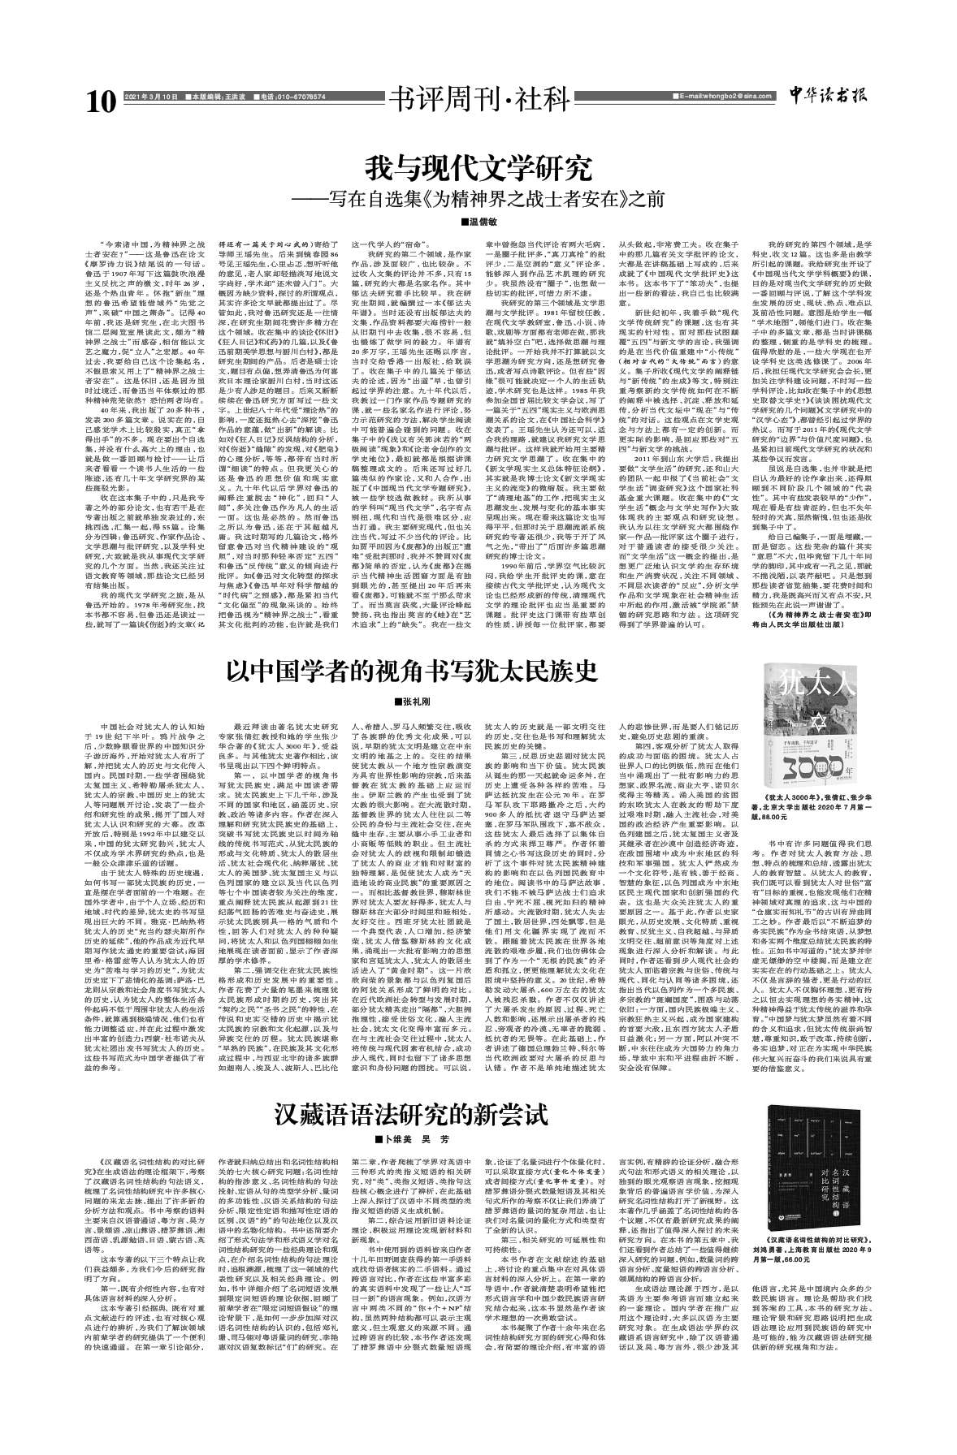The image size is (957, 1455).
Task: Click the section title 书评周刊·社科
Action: click(x=477, y=100)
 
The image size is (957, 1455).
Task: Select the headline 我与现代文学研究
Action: click(x=477, y=169)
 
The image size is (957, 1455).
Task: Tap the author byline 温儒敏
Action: click(x=478, y=222)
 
